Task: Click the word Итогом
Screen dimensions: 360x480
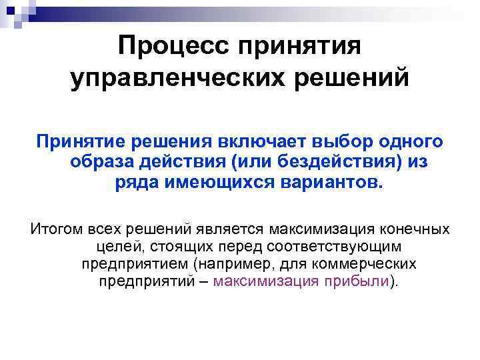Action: [56, 229]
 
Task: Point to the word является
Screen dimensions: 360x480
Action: [233, 229]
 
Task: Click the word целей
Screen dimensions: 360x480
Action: [105, 247]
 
